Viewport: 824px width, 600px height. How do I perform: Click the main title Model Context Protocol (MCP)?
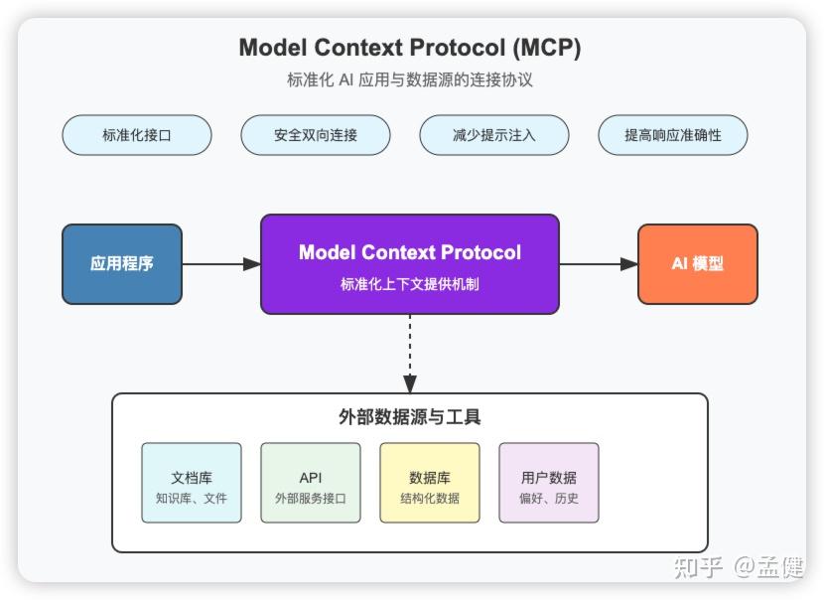[x=410, y=48]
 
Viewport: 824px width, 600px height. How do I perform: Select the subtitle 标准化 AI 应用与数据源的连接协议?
[x=410, y=80]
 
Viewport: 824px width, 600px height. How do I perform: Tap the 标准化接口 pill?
[x=137, y=135]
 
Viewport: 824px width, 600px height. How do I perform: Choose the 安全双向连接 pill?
[x=316, y=135]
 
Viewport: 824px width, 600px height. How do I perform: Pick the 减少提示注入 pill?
[x=494, y=135]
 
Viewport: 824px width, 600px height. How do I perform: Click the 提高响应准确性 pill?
[x=673, y=135]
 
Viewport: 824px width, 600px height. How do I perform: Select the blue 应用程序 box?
[x=122, y=264]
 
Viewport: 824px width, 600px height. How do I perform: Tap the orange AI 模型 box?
[x=697, y=264]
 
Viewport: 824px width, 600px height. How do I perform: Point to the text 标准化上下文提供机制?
[x=410, y=284]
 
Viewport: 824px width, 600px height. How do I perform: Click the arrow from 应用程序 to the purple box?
[x=221, y=264]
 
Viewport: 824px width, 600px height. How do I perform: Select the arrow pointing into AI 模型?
[x=599, y=264]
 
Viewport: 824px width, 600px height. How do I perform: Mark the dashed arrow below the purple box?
[x=410, y=354]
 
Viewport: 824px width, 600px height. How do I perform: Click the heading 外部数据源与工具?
[x=410, y=417]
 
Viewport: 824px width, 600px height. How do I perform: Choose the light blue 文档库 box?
[x=192, y=483]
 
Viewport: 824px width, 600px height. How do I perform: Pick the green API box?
[x=311, y=483]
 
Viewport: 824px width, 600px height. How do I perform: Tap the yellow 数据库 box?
[x=430, y=483]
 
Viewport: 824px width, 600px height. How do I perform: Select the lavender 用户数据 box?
[x=549, y=483]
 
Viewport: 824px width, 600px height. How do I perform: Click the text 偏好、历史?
[x=549, y=499]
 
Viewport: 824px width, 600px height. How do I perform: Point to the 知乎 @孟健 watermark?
[x=739, y=567]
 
